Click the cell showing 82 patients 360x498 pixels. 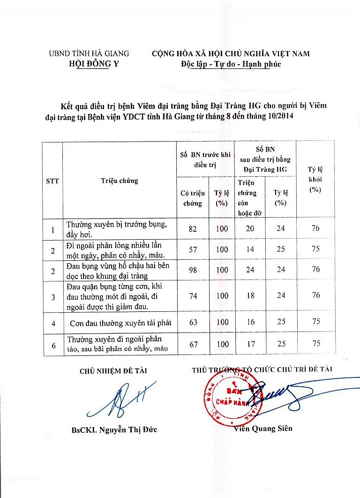pos(192,229)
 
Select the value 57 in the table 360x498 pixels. pos(192,249)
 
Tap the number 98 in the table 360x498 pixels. pos(192,270)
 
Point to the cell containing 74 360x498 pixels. pos(192,295)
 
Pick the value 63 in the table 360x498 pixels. pos(192,322)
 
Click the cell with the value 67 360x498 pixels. pos(192,344)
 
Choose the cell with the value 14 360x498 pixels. pos(251,249)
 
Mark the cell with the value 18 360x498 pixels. pos(251,295)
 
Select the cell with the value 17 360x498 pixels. pos(251,344)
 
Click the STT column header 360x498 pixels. pos(52,181)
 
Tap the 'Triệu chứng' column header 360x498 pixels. pos(120,181)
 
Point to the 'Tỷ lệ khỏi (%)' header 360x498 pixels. pos(316,180)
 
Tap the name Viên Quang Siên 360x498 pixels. pos(263,428)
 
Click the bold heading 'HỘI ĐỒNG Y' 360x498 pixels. pos(93,64)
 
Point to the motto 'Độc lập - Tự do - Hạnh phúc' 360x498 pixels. pos(231,64)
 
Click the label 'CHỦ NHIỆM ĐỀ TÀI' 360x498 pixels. pos(113,371)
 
